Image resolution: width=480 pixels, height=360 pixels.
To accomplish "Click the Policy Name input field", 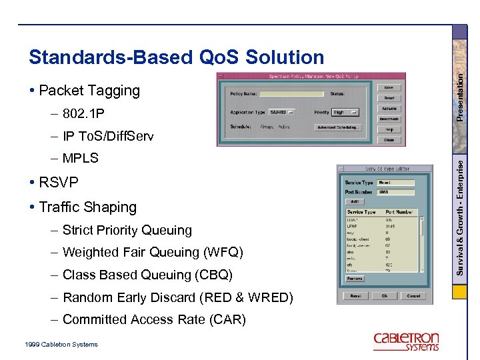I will coord(287,94).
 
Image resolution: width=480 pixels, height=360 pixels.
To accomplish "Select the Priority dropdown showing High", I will coord(345,112).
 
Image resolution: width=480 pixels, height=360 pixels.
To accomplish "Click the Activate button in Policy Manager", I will coord(389,109).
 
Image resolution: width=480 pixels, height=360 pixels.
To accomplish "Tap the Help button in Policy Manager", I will coord(389,129).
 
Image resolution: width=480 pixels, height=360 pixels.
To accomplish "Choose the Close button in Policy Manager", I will coord(389,140).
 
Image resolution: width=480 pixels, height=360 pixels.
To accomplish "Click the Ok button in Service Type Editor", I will coord(385,295).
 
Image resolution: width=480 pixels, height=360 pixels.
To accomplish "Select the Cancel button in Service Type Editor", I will coord(413,295).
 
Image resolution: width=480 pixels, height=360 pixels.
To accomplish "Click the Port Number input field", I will coord(395,192).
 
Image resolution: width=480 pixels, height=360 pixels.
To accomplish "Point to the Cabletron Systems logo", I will coord(406,341).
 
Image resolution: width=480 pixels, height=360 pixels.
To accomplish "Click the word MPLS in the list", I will coord(80,158).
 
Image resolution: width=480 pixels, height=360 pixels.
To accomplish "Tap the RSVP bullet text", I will coord(59,182).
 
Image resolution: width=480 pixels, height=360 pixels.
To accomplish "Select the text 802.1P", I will coord(83,113).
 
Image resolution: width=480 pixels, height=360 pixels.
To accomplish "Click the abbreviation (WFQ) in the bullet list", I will coord(223,253).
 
